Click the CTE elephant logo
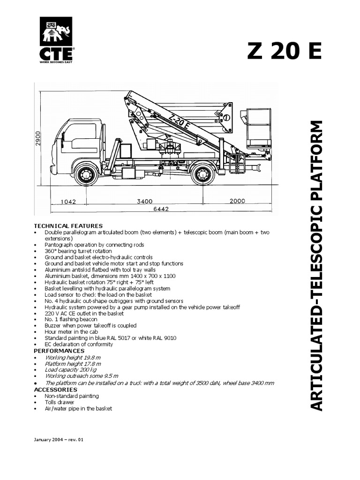click(x=56, y=40)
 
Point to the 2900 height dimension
click(x=38, y=139)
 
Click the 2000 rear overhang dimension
click(x=237, y=201)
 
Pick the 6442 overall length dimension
click(x=160, y=210)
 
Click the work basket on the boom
click(x=258, y=127)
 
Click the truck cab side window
click(x=82, y=132)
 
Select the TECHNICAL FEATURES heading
click(x=68, y=226)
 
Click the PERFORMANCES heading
click(x=60, y=351)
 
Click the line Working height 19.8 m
click(x=73, y=357)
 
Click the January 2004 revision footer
click(x=59, y=440)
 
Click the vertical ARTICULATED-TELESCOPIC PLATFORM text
click(x=317, y=265)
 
